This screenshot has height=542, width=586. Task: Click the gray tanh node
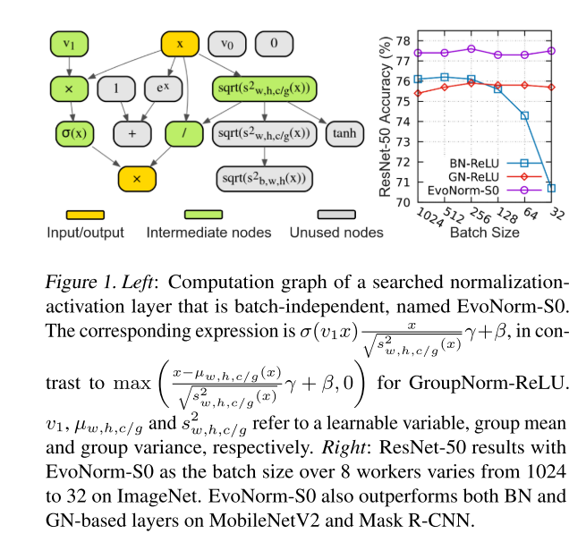point(344,134)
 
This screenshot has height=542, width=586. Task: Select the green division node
point(183,134)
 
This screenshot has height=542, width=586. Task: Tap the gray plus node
point(133,134)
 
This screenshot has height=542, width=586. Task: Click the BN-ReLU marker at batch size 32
point(551,188)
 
